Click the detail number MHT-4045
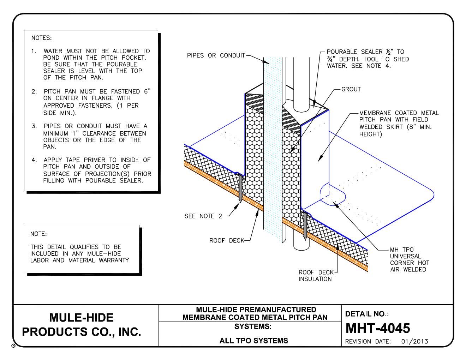pos(377,328)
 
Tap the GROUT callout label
pos(351,89)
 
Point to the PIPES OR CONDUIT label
pos(216,55)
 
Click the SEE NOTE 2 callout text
pos(203,216)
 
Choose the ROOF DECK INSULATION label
pos(315,276)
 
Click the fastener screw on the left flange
pos(240,189)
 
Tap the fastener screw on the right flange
pos(305,226)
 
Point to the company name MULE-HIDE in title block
pos(82,317)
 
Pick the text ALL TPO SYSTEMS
pos(253,341)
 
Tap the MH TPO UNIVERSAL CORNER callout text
pos(410,260)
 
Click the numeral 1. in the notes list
pos(34,51)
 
